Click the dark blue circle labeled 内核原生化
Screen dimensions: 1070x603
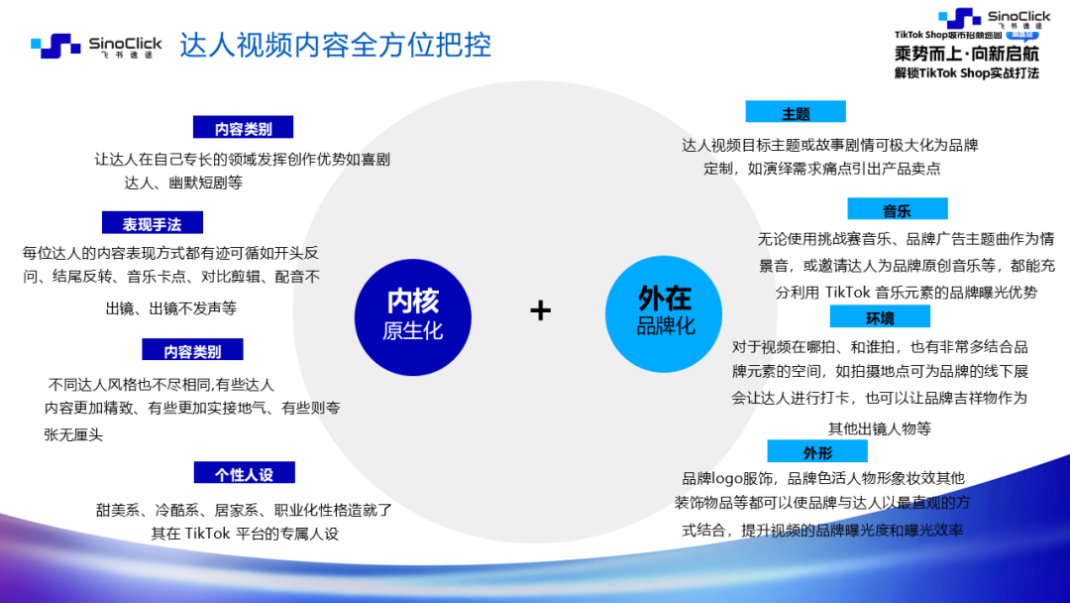pos(413,316)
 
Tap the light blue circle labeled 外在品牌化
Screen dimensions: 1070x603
pos(664,314)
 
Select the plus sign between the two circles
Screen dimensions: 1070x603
pos(541,310)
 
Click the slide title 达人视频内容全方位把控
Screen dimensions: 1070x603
pos(335,45)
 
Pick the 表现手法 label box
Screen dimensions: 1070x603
pos(153,222)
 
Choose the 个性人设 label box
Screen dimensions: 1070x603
pos(245,472)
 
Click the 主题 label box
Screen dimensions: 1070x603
pos(796,112)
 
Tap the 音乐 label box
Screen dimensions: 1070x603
pos(898,209)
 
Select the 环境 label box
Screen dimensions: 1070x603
pos(880,316)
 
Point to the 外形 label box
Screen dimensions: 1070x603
pos(817,451)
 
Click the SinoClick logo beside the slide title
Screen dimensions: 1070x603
pos(96,46)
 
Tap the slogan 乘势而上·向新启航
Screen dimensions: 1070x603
pos(967,54)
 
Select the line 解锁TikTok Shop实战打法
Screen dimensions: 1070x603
pos(967,73)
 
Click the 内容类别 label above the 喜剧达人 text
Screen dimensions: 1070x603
pos(243,128)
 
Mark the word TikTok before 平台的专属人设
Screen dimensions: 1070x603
pos(207,534)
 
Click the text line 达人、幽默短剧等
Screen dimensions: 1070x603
pos(183,183)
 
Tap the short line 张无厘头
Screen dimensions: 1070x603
pos(73,435)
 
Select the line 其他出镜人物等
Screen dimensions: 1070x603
pos(880,428)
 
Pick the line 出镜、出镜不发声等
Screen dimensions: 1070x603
pos(170,308)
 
